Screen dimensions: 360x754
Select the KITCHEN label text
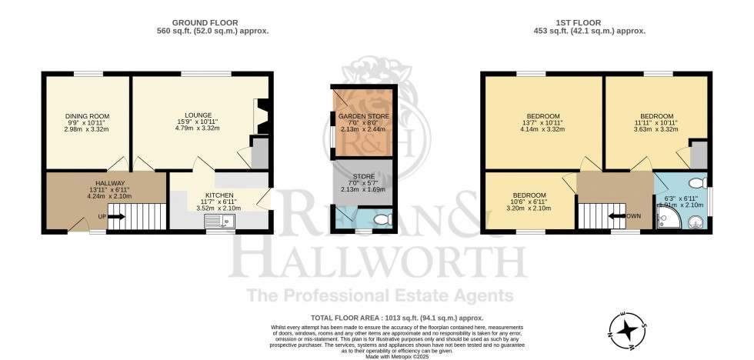pos(219,195)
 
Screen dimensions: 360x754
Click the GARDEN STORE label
pos(364,116)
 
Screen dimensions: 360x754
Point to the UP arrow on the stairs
pos(115,216)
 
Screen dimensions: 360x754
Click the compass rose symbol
pos(629,328)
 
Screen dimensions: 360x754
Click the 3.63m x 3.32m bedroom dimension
pos(656,129)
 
